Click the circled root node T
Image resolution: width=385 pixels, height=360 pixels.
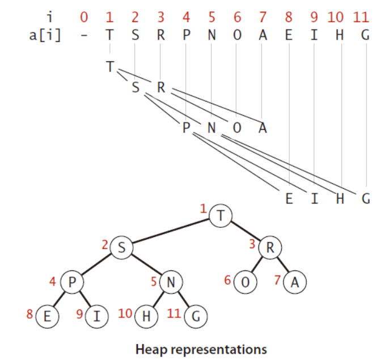tap(221, 215)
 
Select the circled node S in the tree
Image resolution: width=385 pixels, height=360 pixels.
tap(122, 247)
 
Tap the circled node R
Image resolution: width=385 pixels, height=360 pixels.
tap(270, 247)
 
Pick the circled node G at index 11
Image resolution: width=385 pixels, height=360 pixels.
tap(196, 316)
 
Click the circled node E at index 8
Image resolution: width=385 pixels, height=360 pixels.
tap(48, 316)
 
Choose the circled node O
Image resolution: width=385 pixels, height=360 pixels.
tap(246, 282)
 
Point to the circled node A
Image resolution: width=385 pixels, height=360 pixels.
tap(295, 282)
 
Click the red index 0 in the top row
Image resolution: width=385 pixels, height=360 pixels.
tap(84, 17)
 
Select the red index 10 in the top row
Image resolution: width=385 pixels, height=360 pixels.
tap(336, 17)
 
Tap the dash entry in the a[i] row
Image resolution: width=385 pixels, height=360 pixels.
tap(84, 36)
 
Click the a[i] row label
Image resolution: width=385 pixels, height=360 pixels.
tap(45, 35)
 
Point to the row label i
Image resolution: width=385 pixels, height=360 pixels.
tap(50, 17)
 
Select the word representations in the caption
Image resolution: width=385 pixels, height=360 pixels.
tap(219, 350)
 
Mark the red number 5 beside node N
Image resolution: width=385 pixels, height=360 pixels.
tap(154, 281)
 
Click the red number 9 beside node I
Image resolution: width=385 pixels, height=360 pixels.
tap(79, 314)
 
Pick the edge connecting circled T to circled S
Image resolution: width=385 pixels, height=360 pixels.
tap(171, 231)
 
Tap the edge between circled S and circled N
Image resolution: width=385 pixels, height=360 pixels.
tap(146, 265)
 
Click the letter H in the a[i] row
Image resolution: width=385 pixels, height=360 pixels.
tap(340, 35)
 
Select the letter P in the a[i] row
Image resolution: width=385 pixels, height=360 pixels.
tap(187, 35)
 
